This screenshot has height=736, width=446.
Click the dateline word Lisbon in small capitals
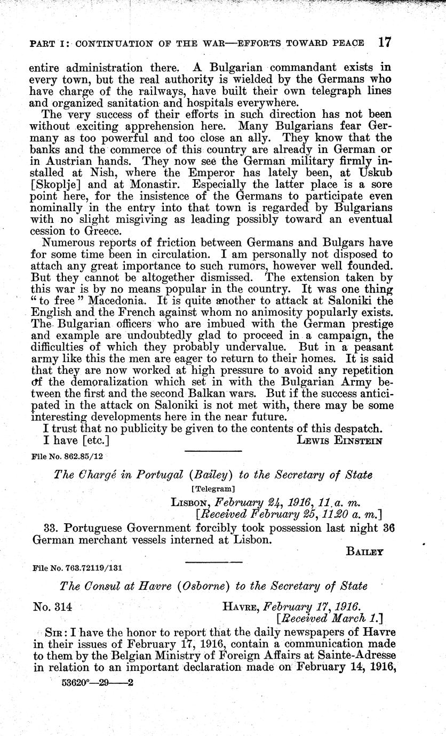pos(187,502)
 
